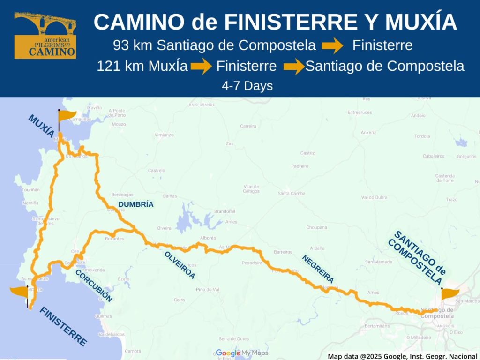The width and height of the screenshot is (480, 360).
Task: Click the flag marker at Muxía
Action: (x=67, y=115)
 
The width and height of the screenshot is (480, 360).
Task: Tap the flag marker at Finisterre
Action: (x=20, y=292)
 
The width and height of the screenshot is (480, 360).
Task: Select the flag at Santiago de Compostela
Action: (x=450, y=294)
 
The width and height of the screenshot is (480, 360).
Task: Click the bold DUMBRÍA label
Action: (x=136, y=204)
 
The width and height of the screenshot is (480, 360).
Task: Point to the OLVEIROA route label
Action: (x=180, y=265)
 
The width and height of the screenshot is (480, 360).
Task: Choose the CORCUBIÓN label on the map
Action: (x=94, y=285)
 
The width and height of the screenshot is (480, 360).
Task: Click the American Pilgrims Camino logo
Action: (x=45, y=35)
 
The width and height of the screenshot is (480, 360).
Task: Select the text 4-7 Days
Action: (x=247, y=86)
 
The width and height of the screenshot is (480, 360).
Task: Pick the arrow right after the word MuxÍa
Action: (x=201, y=67)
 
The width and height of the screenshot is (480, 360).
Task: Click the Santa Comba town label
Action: (x=291, y=194)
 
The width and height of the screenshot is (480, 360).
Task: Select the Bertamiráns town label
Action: (x=376, y=325)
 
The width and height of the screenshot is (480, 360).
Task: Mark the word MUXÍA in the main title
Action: (x=417, y=22)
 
